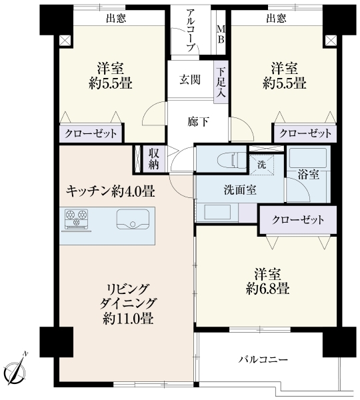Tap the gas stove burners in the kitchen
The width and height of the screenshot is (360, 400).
point(76,219)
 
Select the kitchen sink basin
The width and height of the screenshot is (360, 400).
point(133,219)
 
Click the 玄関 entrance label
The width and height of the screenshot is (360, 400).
point(190,80)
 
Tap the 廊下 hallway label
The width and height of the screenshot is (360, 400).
point(198,121)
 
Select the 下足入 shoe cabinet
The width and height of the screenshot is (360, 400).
point(221,82)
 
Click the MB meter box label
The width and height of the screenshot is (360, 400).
point(221,35)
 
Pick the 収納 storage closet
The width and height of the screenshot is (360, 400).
point(154,159)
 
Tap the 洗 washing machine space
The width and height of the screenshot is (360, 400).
point(261,165)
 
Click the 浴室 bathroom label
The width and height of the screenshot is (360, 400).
point(308,175)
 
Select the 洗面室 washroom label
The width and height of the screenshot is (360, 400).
point(240,190)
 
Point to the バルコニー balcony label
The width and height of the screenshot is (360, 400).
point(263,360)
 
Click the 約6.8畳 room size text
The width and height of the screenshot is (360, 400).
point(267,289)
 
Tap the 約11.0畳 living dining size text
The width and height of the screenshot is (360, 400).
point(128,319)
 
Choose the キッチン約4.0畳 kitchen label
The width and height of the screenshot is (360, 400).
point(110,191)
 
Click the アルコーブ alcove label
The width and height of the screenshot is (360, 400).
point(191,30)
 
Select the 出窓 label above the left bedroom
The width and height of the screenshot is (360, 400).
point(116,19)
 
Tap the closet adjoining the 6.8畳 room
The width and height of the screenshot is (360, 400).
point(298,219)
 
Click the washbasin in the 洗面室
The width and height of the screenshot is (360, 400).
point(217,212)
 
